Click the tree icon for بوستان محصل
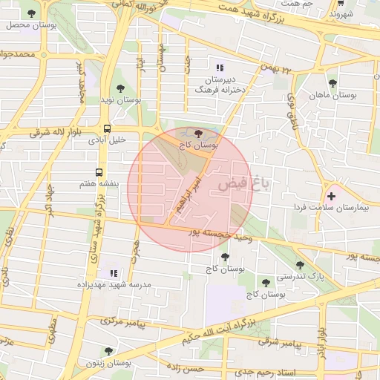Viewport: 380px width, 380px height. pyautogui.click(x=30, y=13)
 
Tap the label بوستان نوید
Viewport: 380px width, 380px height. pyautogui.click(x=119, y=99)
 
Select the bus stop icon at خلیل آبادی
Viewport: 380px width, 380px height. pyautogui.click(x=108, y=128)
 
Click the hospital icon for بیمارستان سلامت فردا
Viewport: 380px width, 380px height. pyautogui.click(x=331, y=196)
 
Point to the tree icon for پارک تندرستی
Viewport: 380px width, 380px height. pyautogui.click(x=300, y=265)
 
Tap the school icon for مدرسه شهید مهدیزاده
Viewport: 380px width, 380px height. pyautogui.click(x=113, y=273)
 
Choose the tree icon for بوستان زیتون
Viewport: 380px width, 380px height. pyautogui.click(x=108, y=351)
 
